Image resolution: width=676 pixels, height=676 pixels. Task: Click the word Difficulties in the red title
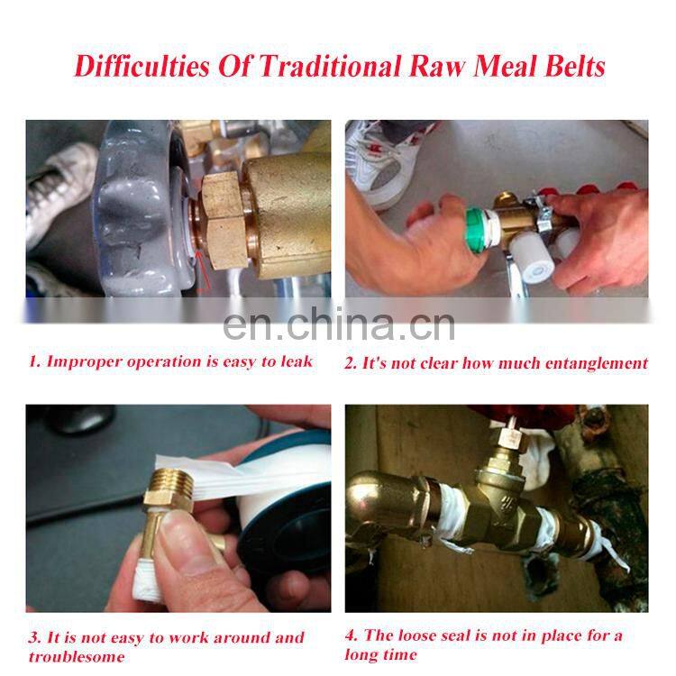142,67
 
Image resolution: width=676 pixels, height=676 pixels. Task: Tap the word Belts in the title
575,67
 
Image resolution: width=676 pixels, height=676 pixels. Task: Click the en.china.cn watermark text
339,324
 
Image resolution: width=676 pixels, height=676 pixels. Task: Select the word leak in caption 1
297,361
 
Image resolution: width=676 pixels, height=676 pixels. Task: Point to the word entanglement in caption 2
597,363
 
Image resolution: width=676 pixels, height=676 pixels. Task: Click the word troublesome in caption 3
77,656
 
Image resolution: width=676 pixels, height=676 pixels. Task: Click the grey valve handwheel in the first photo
142,207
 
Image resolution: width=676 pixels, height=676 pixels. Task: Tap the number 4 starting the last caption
351,635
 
